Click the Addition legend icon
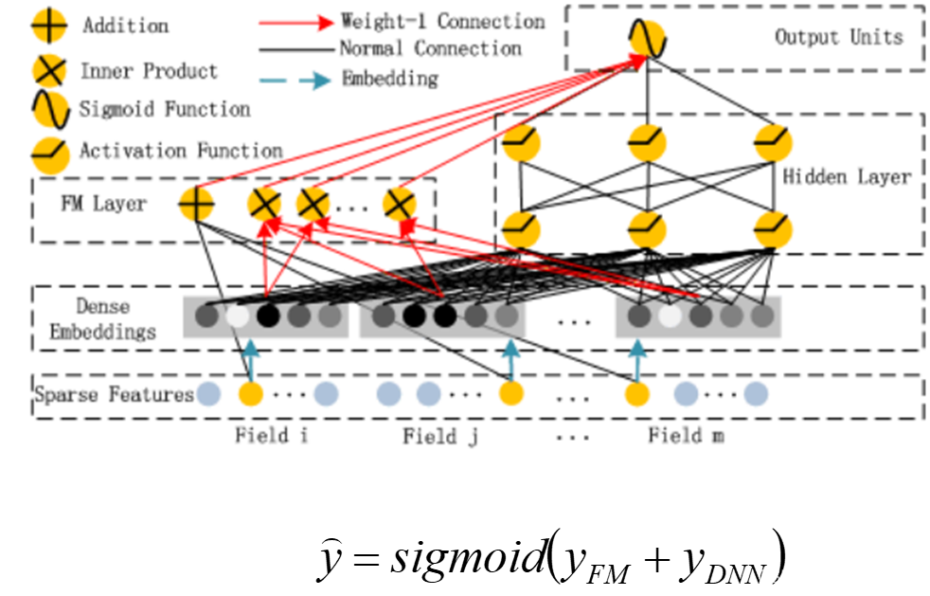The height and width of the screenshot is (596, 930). [49, 26]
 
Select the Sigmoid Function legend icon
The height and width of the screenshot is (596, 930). [50, 109]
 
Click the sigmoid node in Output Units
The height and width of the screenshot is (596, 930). [647, 39]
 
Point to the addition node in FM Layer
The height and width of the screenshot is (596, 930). [197, 204]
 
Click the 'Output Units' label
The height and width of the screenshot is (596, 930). [838, 37]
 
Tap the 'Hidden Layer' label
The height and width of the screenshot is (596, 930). [847, 176]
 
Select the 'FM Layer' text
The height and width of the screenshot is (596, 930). [103, 204]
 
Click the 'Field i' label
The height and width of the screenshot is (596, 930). [272, 436]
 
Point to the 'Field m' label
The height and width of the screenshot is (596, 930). [689, 436]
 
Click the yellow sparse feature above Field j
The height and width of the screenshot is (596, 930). [511, 393]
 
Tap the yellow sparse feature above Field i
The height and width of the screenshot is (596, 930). [250, 393]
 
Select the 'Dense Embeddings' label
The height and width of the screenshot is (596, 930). [102, 319]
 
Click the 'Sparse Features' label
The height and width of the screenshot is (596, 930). [114, 394]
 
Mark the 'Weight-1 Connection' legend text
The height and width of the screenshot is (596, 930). [442, 21]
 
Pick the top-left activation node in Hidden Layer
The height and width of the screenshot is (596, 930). [521, 144]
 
